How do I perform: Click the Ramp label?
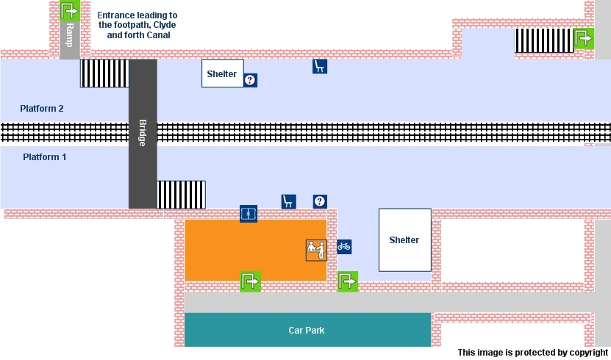[x=70, y=35]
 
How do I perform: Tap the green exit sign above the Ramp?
[x=69, y=10]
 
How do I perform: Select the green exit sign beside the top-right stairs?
[x=584, y=39]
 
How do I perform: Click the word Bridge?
[x=143, y=133]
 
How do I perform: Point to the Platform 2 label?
[x=42, y=109]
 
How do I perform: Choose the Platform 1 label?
[x=45, y=157]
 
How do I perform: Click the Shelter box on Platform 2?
[x=222, y=73]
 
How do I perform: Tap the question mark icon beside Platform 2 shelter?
[x=250, y=80]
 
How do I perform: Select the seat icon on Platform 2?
[x=319, y=67]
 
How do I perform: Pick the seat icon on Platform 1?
[x=288, y=201]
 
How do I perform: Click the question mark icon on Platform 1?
[x=320, y=201]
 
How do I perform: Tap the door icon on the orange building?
[x=249, y=214]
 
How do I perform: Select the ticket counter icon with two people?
[x=315, y=250]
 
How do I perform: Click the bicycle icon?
[x=344, y=247]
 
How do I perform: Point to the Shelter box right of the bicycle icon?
[x=404, y=240]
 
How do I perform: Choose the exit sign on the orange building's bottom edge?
[x=250, y=281]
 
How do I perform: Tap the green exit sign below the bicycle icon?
[x=348, y=281]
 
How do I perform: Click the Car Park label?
[x=307, y=331]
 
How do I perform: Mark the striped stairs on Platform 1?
[x=181, y=195]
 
